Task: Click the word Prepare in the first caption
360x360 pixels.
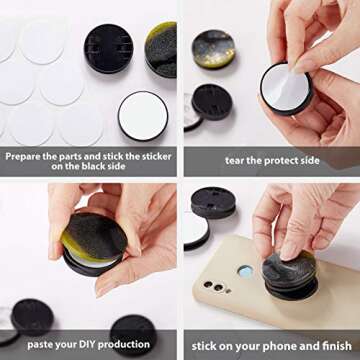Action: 26,156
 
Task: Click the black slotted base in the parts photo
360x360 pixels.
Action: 108,49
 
